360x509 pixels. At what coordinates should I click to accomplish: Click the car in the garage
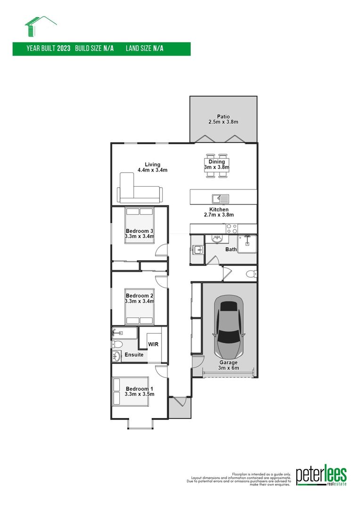[x=229, y=327]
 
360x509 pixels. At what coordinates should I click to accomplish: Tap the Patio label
[x=223, y=116]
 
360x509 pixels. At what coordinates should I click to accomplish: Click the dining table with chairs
[x=217, y=165]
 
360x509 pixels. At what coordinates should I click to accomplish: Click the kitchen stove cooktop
[x=232, y=229]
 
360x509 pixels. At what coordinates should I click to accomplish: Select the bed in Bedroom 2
[x=139, y=307]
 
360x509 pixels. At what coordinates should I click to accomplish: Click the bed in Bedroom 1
[x=131, y=391]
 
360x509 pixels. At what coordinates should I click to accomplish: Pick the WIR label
[x=153, y=345]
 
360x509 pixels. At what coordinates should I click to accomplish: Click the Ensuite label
[x=134, y=354]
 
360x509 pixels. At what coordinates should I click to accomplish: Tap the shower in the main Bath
[x=246, y=244]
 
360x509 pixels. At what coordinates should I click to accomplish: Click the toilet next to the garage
[x=251, y=273]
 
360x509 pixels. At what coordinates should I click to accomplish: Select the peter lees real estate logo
[x=321, y=476]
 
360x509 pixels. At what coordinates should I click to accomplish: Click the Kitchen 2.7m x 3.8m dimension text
[x=219, y=214]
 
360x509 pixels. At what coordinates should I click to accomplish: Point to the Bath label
[x=231, y=249]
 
